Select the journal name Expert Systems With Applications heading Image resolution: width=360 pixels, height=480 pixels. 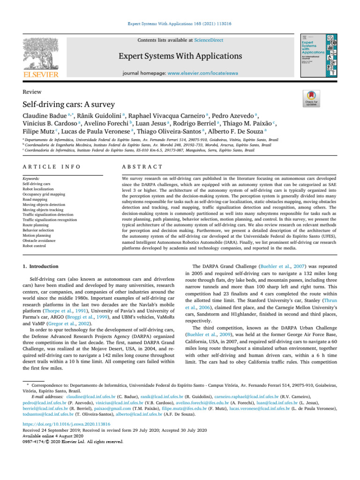pyautogui.click(x=180, y=57)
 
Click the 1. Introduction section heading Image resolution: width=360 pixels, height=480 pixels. pyautogui.click(x=40, y=266)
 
